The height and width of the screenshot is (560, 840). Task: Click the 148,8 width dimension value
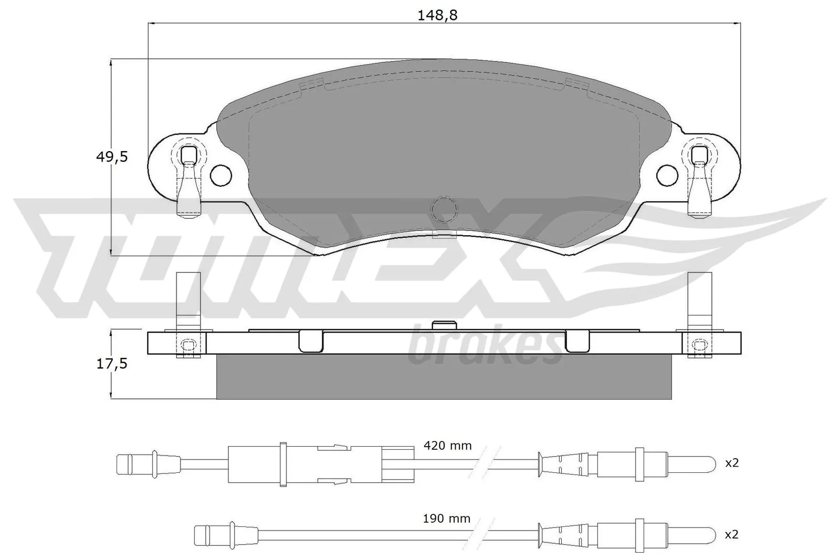pyautogui.click(x=437, y=15)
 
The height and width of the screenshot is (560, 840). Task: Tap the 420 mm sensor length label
pyautogui.click(x=447, y=446)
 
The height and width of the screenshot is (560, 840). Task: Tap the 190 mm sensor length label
pyautogui.click(x=447, y=519)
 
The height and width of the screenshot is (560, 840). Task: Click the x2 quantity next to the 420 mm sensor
pyautogui.click(x=732, y=462)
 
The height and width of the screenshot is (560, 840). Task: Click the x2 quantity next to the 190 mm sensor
pyautogui.click(x=732, y=534)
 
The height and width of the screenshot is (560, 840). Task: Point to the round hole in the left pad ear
pyautogui.click(x=221, y=175)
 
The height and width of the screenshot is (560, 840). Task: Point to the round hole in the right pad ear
pyautogui.click(x=667, y=175)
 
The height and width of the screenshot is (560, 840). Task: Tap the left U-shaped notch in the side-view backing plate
pyautogui.click(x=310, y=341)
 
